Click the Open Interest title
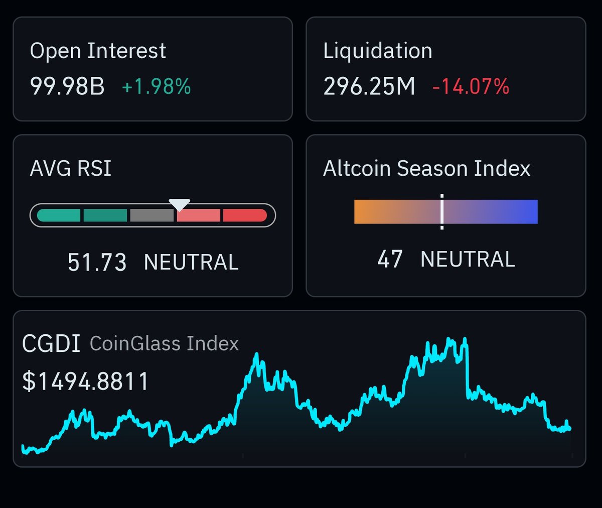(98, 51)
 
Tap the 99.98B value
(67, 86)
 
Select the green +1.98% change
(156, 87)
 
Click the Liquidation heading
(378, 51)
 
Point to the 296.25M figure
(369, 86)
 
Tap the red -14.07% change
(471, 87)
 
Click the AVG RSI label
(71, 169)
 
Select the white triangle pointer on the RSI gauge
(179, 204)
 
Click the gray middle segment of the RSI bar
(152, 215)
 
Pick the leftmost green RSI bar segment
(59, 215)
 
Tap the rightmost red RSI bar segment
(245, 215)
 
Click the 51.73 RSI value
(97, 263)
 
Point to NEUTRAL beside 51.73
(191, 263)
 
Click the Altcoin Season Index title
(426, 169)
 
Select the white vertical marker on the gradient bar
(442, 211)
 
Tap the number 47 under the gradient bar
(390, 260)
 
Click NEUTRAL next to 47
(468, 260)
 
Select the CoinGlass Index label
(164, 344)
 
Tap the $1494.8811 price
(86, 382)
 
